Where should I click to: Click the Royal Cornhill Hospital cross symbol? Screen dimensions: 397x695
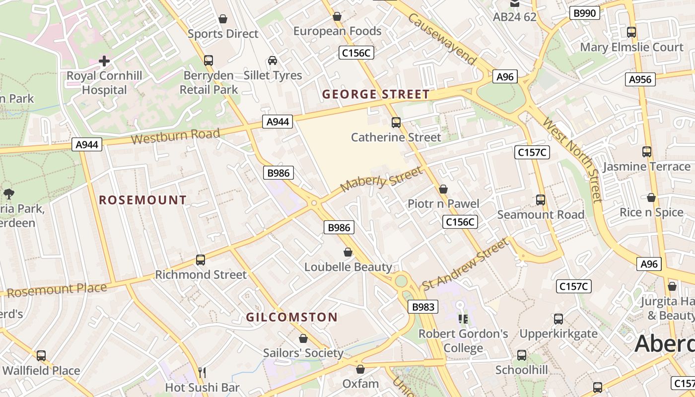(104, 61)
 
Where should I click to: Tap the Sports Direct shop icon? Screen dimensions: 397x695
(223, 19)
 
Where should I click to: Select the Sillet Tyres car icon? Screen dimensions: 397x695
(273, 61)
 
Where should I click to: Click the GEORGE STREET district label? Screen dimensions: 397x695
(376, 94)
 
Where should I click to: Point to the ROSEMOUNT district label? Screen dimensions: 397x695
(143, 200)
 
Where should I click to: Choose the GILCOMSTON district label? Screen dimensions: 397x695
(292, 317)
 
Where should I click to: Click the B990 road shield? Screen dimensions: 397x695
(584, 13)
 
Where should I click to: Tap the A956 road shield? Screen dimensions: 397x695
(640, 79)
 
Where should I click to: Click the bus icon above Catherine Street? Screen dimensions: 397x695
(396, 122)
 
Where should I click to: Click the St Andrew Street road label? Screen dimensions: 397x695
(465, 264)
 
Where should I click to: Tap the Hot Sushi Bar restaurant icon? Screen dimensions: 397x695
(202, 372)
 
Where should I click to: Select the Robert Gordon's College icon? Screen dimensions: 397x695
(463, 319)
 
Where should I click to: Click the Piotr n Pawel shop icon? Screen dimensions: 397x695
(443, 189)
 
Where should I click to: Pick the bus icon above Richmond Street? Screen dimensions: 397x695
(201, 260)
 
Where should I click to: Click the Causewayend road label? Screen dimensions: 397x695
(442, 39)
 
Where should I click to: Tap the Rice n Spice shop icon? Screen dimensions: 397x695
(651, 198)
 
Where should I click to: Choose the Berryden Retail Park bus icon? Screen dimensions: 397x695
(208, 61)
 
